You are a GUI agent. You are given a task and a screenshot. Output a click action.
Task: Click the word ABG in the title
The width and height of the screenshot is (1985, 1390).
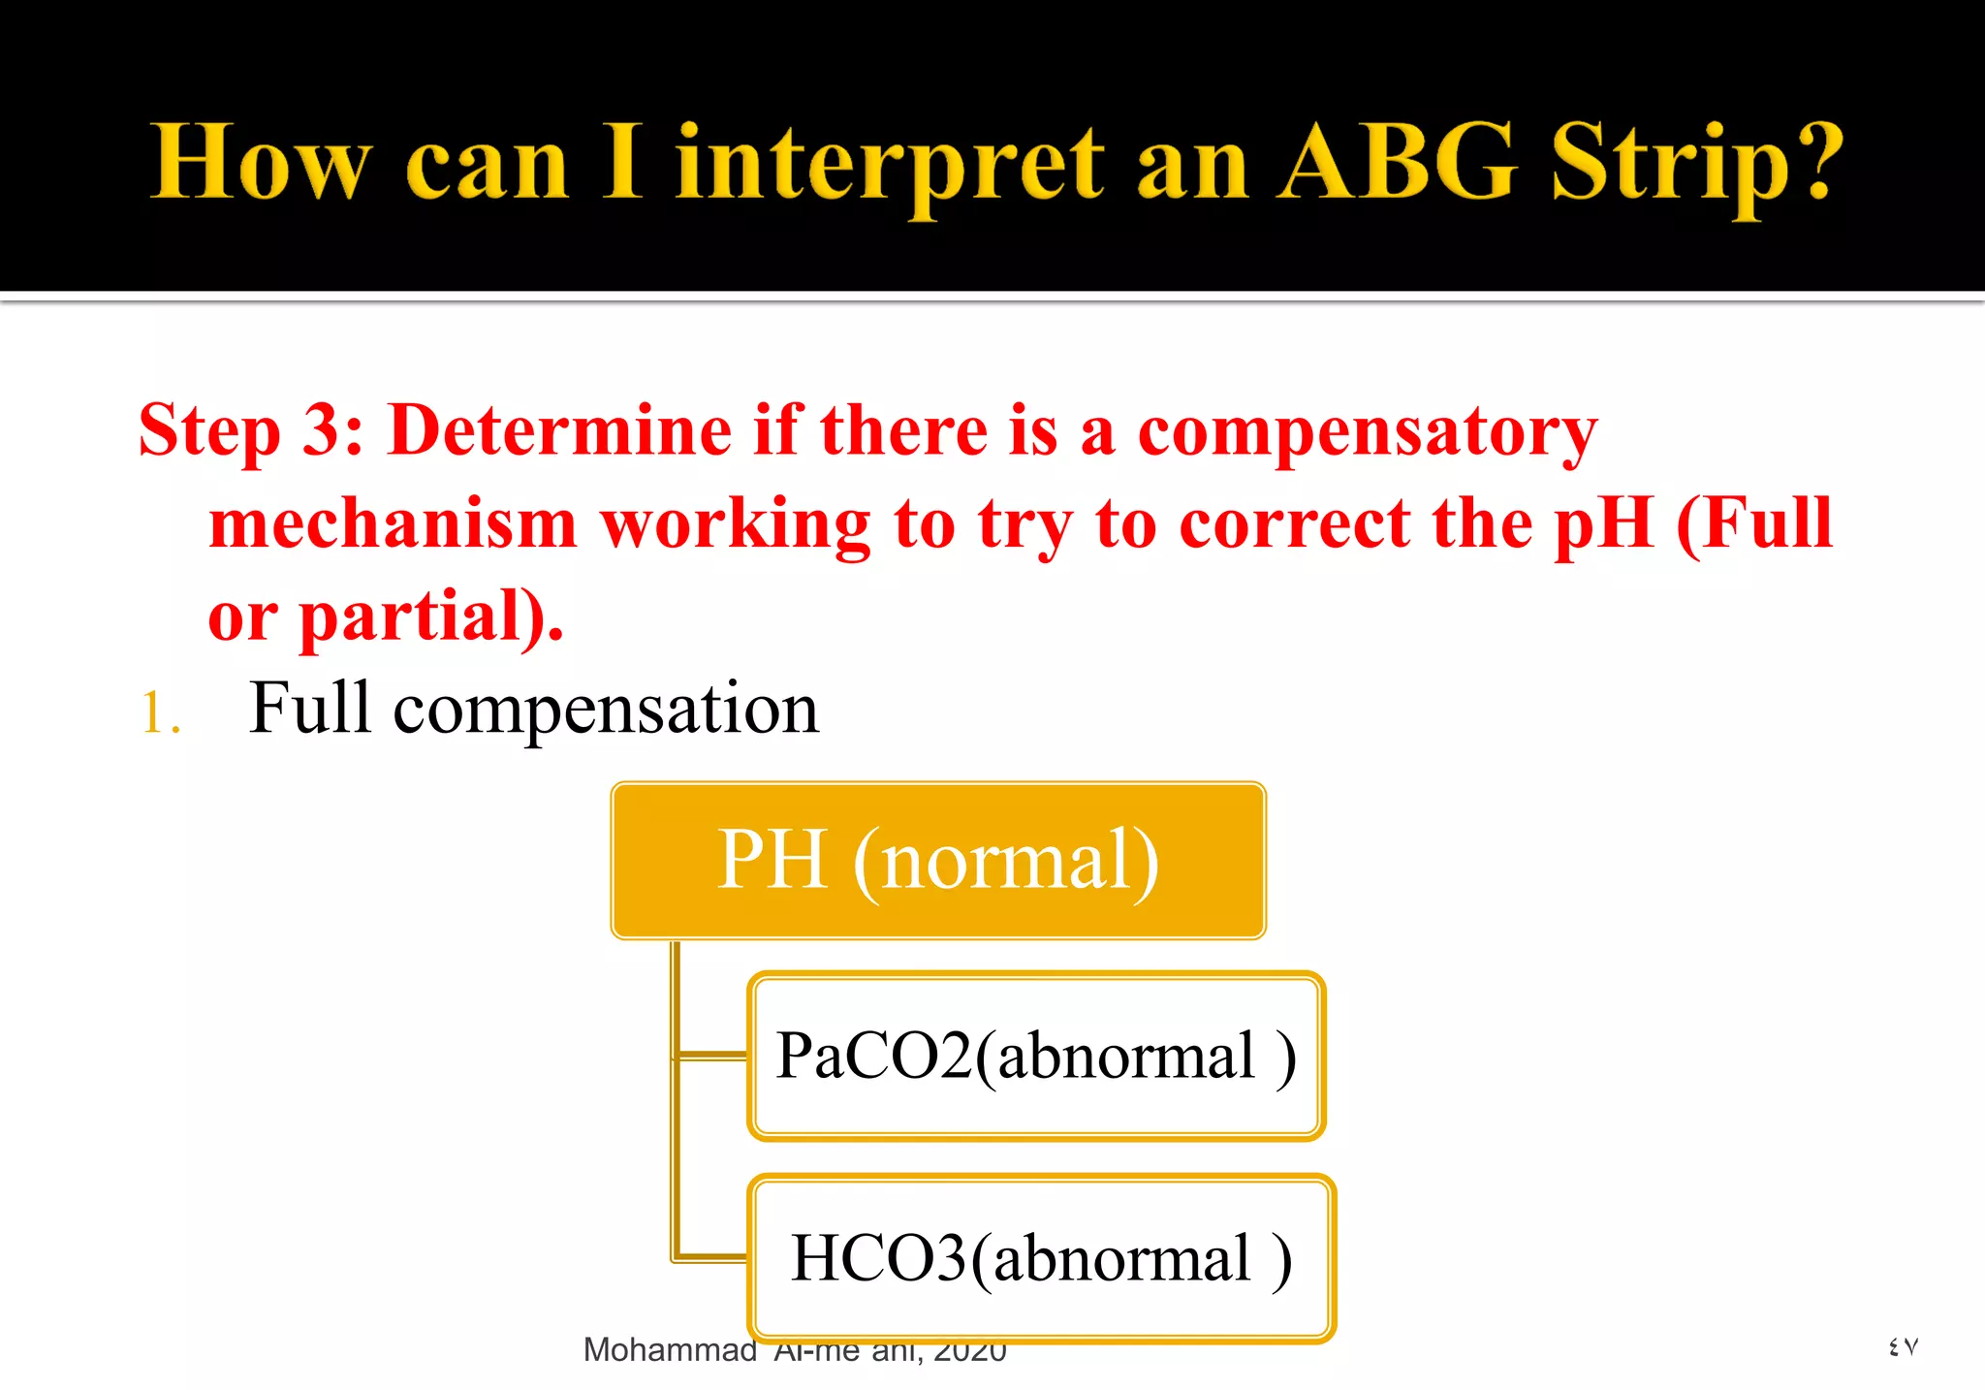(x=1396, y=163)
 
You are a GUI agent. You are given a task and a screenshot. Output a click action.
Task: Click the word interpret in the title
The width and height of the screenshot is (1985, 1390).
(x=890, y=165)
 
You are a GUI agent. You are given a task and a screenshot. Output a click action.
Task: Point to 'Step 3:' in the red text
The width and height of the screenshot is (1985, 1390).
(x=250, y=430)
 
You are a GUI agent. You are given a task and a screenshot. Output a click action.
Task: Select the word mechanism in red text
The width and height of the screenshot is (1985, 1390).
(x=393, y=524)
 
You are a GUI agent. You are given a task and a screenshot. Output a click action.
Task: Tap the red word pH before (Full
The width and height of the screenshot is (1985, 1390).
(x=1603, y=524)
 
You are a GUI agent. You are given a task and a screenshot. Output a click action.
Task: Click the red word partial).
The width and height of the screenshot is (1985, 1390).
(x=430, y=616)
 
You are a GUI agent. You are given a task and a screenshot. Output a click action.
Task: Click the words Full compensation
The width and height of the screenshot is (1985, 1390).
(x=533, y=709)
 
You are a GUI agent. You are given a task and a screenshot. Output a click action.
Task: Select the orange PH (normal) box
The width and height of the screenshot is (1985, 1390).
(x=937, y=860)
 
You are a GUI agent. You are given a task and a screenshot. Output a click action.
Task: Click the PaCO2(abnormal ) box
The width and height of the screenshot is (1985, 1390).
(x=1035, y=1056)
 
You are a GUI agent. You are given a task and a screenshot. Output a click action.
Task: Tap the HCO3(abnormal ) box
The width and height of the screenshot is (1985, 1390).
(x=1041, y=1258)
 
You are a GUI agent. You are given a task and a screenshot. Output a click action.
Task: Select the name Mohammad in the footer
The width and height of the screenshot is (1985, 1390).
(x=670, y=1349)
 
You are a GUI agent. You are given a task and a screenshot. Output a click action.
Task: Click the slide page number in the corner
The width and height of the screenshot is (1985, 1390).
(x=1903, y=1346)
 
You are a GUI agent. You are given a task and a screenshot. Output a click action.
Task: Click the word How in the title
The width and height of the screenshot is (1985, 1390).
(x=262, y=163)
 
